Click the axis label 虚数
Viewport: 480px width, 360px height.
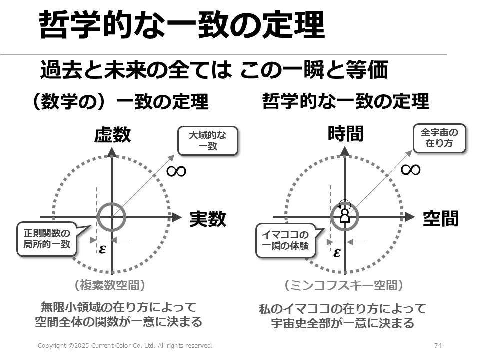click(112, 135)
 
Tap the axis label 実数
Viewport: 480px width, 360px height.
click(208, 219)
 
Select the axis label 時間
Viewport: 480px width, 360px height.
click(346, 134)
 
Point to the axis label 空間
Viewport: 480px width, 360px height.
click(441, 218)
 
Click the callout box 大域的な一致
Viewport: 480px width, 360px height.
click(208, 141)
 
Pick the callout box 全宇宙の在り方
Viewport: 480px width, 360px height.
click(439, 138)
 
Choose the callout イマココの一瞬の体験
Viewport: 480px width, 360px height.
click(286, 240)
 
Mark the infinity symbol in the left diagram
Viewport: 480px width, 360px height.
click(176, 171)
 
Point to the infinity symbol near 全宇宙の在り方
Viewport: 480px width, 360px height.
click(411, 170)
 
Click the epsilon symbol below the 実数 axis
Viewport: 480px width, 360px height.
click(103, 249)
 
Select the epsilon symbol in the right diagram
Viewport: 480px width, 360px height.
click(337, 253)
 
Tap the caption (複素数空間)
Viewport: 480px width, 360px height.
click(109, 285)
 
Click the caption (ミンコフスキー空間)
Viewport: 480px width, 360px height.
click(344, 285)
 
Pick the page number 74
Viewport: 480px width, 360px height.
click(438, 345)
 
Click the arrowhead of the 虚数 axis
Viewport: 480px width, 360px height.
click(112, 152)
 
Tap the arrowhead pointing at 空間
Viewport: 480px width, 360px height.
click(410, 217)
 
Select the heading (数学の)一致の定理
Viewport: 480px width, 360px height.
click(120, 101)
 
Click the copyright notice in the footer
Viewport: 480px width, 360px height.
click(125, 345)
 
